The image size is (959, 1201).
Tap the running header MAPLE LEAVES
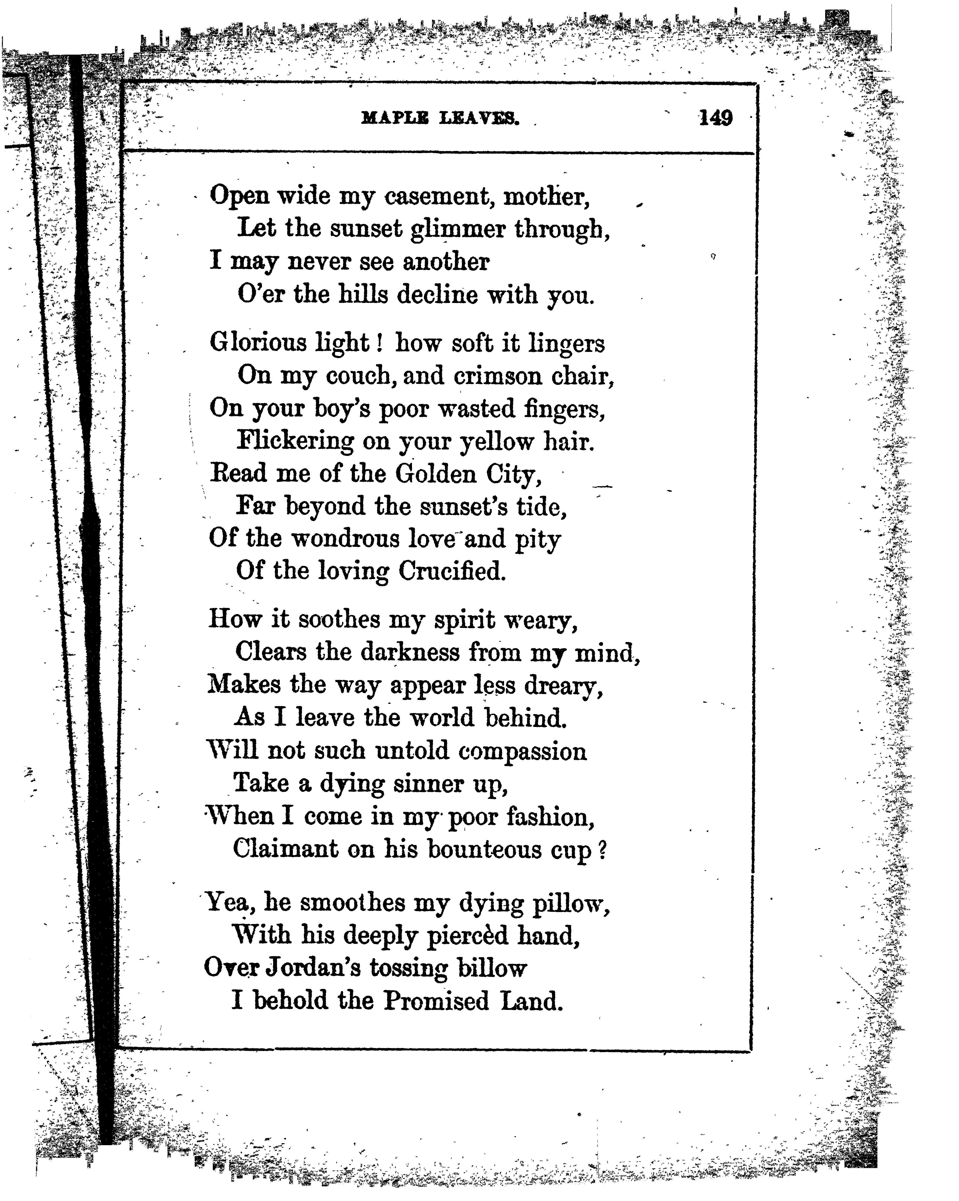440,118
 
